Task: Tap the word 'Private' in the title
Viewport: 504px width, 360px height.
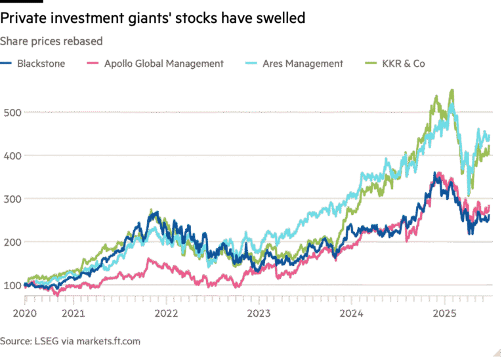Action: click(x=26, y=19)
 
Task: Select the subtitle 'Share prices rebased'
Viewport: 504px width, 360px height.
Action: click(x=51, y=41)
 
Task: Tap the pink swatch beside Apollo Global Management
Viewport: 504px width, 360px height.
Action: click(x=93, y=64)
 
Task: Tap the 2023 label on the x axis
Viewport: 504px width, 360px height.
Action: click(x=259, y=313)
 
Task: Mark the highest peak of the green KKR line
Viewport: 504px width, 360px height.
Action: click(x=451, y=90)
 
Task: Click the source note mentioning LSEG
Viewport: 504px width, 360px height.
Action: click(x=70, y=341)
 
